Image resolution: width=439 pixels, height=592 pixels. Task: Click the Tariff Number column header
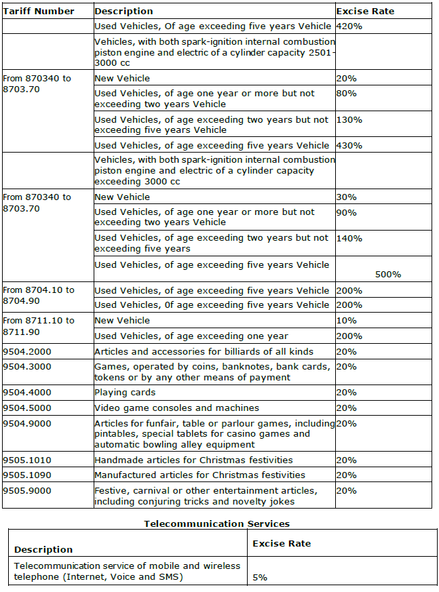coord(39,12)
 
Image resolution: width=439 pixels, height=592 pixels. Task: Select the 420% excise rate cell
coord(349,26)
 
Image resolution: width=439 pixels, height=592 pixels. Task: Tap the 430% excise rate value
coord(349,146)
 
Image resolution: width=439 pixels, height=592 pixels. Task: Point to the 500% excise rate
coord(388,275)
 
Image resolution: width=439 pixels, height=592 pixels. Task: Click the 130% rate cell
coord(349,120)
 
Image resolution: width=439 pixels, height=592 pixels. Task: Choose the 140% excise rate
coord(349,239)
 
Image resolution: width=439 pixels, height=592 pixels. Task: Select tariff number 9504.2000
coord(27,351)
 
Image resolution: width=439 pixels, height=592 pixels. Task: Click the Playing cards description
coord(125,393)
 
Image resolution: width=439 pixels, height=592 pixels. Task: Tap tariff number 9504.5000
coord(27,408)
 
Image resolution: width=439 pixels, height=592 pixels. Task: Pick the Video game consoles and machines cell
coord(176,408)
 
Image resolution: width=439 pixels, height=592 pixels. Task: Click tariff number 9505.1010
coord(27,460)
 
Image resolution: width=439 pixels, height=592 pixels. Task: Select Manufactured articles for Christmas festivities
coord(199,475)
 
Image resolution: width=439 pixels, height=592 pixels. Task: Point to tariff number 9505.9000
coord(27,491)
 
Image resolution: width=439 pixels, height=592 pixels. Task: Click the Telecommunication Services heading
coord(217,524)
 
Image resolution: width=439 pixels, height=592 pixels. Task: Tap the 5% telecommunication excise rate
coord(260,577)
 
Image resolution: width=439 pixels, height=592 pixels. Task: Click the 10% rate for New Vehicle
coord(347,321)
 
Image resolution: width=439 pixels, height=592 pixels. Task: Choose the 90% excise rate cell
coord(347,212)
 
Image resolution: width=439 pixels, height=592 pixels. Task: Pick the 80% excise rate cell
coord(347,94)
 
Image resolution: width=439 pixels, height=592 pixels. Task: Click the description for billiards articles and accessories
coord(204,351)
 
